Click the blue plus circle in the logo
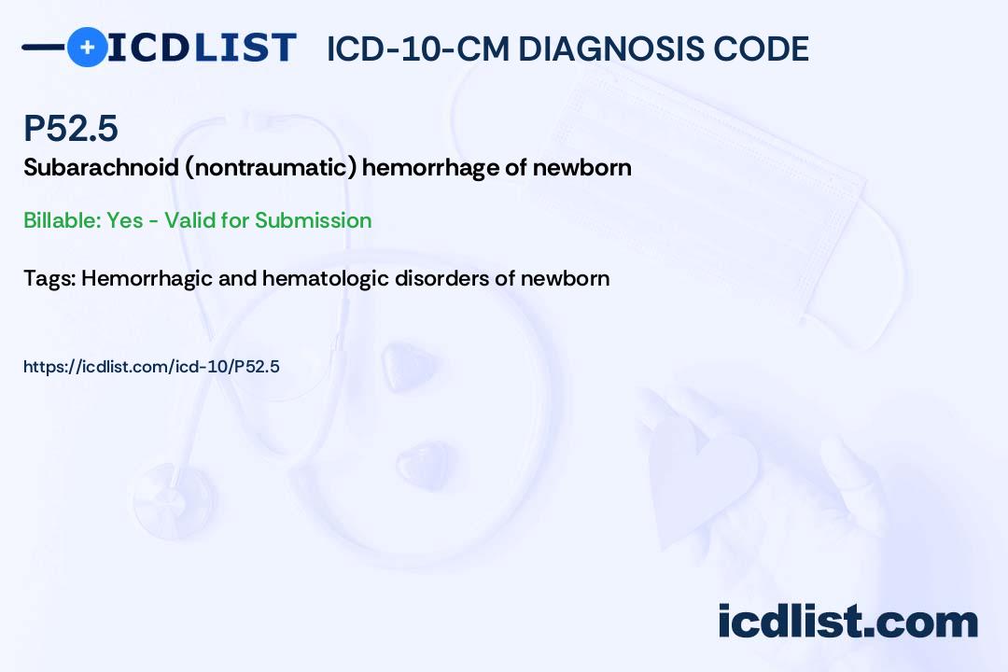click(87, 47)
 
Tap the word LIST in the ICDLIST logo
click(245, 48)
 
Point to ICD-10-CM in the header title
click(418, 49)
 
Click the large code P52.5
click(71, 128)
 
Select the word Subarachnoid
click(101, 167)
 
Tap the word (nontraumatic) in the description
click(271, 168)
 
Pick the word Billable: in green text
click(62, 220)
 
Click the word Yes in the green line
click(125, 220)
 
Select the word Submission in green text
click(313, 220)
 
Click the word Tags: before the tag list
click(50, 278)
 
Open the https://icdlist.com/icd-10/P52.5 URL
click(152, 367)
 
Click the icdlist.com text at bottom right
click(847, 621)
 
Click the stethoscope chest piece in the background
click(173, 499)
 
